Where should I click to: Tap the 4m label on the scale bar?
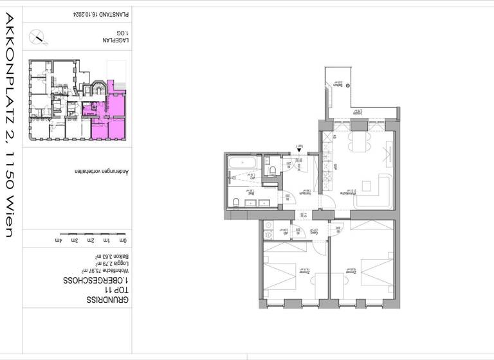point(60,240)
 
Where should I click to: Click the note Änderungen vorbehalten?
point(100,172)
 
